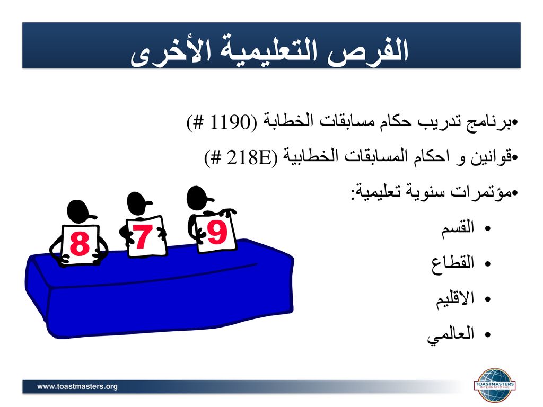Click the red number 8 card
point(80,244)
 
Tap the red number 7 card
point(145,236)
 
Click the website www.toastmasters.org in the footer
point(77,386)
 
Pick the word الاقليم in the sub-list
point(455,298)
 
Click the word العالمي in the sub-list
point(451,334)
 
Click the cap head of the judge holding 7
point(138,202)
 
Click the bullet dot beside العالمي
point(488,335)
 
